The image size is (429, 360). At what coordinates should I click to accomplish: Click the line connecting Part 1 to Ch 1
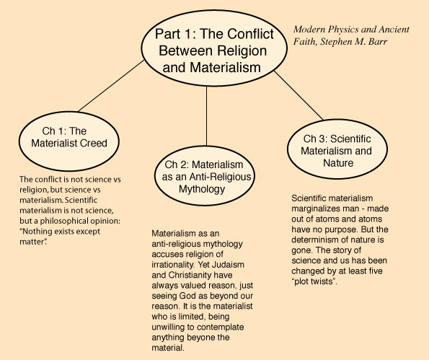point(111,86)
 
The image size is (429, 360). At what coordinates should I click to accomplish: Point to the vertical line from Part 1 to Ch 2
point(206,116)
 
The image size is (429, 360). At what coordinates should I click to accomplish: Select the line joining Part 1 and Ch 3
point(298,95)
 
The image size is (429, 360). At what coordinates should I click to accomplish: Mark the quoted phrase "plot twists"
point(314,281)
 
